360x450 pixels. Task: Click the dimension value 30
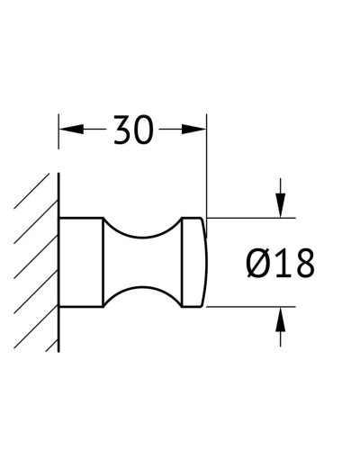pos(132,131)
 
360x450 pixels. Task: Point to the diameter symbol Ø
pos(256,263)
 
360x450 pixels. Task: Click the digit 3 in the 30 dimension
pos(121,131)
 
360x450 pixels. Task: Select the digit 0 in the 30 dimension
pos(144,131)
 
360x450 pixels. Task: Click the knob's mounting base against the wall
pos(81,262)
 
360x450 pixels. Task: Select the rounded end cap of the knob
pos(193,262)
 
